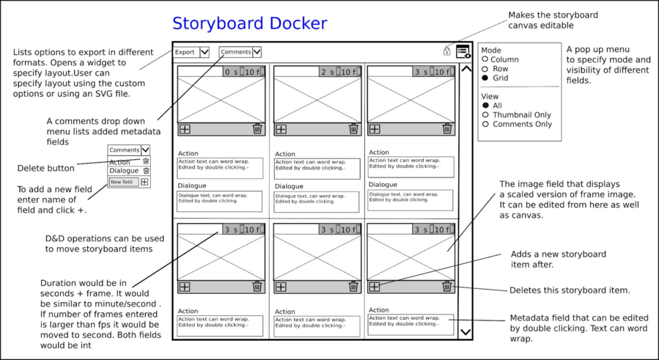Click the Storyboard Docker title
tap(249, 23)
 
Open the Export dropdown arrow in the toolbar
tap(205, 52)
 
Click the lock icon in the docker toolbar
tap(446, 51)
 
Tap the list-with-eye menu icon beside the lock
tap(463, 51)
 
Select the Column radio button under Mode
tap(485, 59)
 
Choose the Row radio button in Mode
tap(485, 69)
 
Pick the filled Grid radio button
tap(485, 78)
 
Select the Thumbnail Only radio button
tap(485, 115)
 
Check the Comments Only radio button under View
tap(485, 125)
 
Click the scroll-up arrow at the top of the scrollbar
tap(465, 70)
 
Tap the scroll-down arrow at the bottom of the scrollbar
tap(465, 332)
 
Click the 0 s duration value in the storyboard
tap(231, 72)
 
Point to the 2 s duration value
tap(327, 72)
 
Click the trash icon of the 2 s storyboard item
tap(353, 129)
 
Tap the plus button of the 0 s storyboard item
tap(185, 129)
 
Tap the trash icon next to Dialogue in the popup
tap(146, 171)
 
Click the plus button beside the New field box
tap(144, 182)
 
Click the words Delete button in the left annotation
tap(46, 169)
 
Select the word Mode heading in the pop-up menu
tap(491, 51)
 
